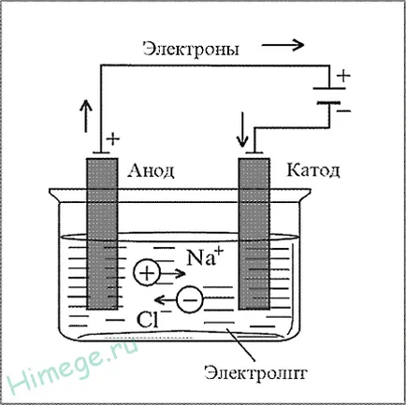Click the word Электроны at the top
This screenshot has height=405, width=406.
191,50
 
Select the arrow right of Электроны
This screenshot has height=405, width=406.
283,45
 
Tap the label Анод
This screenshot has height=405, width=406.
151,170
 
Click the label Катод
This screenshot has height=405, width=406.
313,170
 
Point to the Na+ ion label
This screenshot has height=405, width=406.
205,257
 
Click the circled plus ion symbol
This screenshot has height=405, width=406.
147,273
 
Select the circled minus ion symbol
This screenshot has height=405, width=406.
190,299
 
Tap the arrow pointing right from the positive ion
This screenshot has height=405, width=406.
173,274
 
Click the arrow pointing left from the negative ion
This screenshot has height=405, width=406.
166,300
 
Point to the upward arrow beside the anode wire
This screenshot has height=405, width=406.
86,117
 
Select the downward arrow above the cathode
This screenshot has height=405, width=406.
242,129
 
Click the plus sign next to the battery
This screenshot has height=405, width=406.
343,75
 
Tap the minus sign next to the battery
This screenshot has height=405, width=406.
343,110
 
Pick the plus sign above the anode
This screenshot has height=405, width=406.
112,139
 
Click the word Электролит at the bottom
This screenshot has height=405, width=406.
256,372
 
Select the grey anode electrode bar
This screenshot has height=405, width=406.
102,234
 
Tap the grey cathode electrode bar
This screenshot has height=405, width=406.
254,234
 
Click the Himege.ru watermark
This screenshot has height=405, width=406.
74,367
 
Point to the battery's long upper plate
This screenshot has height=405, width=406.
329,88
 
